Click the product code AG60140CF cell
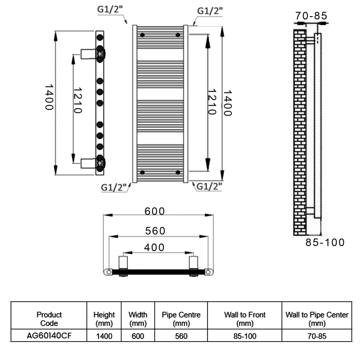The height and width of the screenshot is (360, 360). pyautogui.click(x=49, y=336)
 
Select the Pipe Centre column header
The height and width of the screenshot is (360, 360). pyautogui.click(x=181, y=319)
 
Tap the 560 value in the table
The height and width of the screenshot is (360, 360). pyautogui.click(x=181, y=336)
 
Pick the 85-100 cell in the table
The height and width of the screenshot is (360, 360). pyautogui.click(x=245, y=336)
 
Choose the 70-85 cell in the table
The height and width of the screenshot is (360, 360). pyautogui.click(x=317, y=336)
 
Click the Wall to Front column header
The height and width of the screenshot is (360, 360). pyautogui.click(x=245, y=319)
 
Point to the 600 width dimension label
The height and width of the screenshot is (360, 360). pyautogui.click(x=154, y=211)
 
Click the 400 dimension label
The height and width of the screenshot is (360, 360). pyautogui.click(x=154, y=247)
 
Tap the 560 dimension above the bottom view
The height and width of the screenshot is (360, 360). pyautogui.click(x=155, y=231)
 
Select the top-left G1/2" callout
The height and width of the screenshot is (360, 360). pyautogui.click(x=110, y=9)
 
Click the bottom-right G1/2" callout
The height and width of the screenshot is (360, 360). pyautogui.click(x=209, y=186)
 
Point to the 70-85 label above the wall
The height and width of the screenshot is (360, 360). pyautogui.click(x=311, y=16)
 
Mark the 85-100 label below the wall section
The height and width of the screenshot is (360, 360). pyautogui.click(x=325, y=242)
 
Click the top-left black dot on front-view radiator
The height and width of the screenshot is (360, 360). pyautogui.click(x=142, y=35)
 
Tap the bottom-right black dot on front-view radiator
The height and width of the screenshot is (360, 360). pyautogui.click(x=178, y=172)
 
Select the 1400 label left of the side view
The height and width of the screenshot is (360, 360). pyautogui.click(x=49, y=97)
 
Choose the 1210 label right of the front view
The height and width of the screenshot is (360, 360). pyautogui.click(x=211, y=102)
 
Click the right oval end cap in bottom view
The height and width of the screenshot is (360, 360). pyautogui.click(x=208, y=272)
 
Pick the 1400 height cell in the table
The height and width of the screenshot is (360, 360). pyautogui.click(x=104, y=336)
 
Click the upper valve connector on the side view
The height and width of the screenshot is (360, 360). pyautogui.click(x=93, y=54)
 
